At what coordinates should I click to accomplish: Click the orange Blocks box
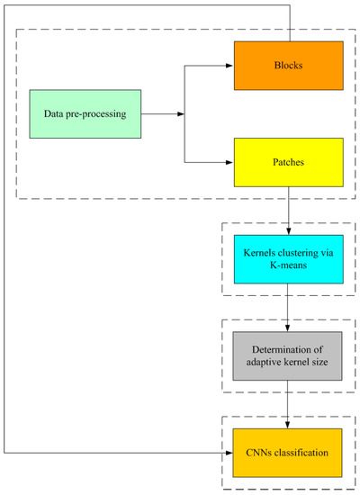pyautogui.click(x=288, y=65)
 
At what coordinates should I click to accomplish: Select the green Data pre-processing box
pyautogui.click(x=85, y=113)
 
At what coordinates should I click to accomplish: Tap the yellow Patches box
pyautogui.click(x=288, y=162)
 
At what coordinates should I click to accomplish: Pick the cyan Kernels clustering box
pyautogui.click(x=288, y=259)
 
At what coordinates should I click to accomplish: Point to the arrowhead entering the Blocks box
pyautogui.click(x=229, y=65)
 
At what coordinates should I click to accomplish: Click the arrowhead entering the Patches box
pyautogui.click(x=229, y=162)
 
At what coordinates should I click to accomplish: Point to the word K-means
pyautogui.click(x=288, y=266)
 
